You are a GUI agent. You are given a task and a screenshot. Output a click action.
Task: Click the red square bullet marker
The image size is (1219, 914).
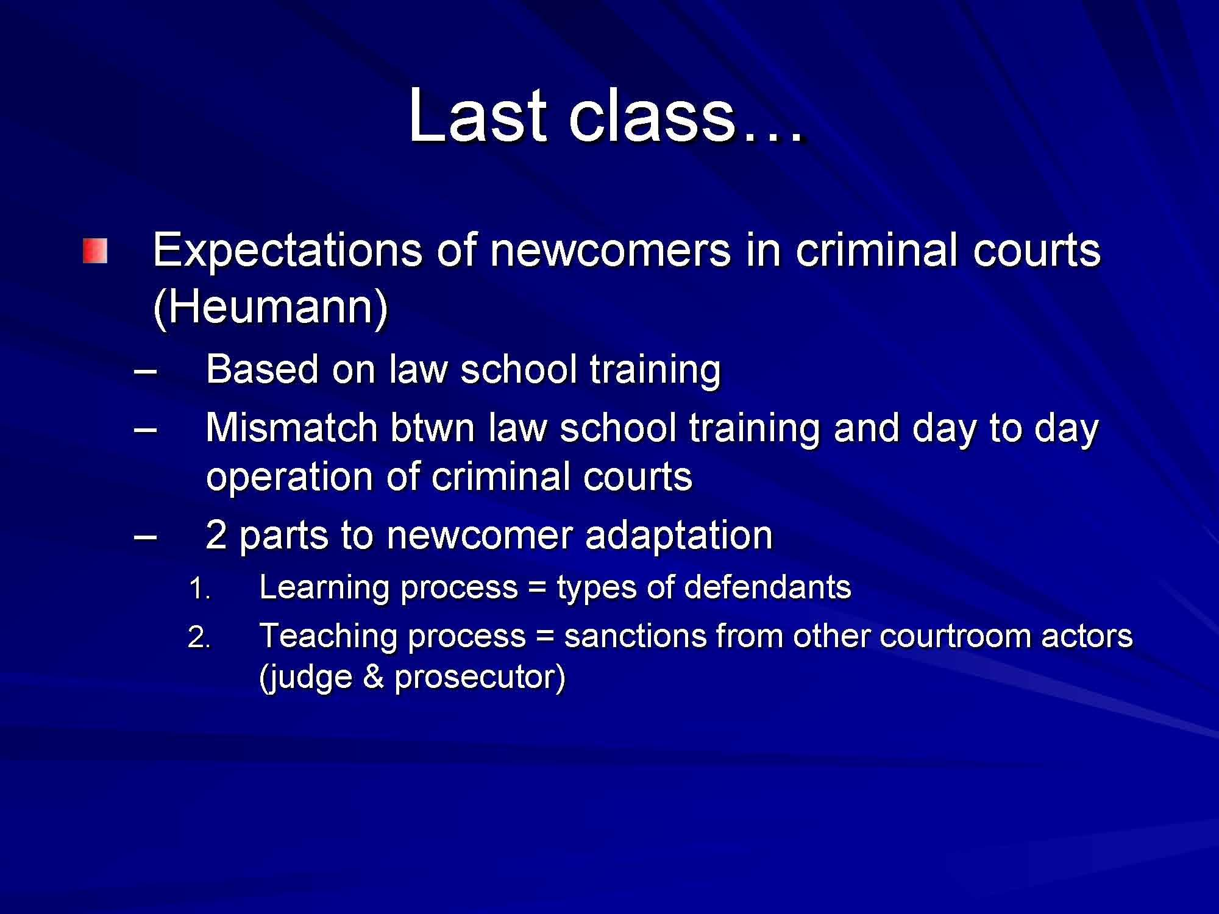coord(96,251)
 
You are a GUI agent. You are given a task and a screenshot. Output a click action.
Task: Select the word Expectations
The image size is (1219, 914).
coord(287,250)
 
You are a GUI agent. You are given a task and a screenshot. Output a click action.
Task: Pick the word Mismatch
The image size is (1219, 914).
coord(291,427)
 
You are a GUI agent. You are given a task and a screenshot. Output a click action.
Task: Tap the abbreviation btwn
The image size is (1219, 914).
coord(432,427)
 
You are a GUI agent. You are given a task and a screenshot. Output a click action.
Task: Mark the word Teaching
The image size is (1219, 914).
coord(327,636)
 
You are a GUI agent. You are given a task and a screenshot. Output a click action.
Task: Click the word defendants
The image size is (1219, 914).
coord(767,587)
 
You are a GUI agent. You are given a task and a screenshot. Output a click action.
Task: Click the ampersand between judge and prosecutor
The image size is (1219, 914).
coord(373,677)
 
